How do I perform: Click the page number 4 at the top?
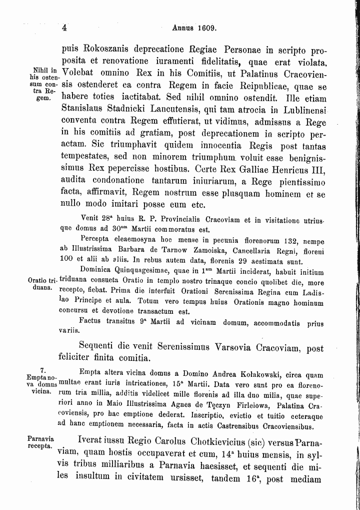point(65,29)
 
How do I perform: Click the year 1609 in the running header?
point(205,29)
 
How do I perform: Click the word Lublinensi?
point(297,108)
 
